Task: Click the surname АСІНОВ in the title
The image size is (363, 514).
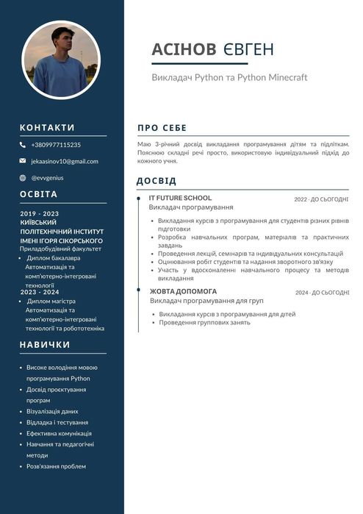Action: point(184,49)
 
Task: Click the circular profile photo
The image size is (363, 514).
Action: point(61,60)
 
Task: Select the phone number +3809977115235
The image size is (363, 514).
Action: point(56,145)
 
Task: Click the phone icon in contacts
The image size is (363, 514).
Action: point(23,145)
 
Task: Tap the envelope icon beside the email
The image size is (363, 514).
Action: point(23,161)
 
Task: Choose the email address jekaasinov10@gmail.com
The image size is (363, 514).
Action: point(64,161)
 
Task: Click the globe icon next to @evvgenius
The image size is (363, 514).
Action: point(23,177)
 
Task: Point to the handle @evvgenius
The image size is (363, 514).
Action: point(48,177)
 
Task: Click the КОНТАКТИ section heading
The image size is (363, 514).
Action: point(47,127)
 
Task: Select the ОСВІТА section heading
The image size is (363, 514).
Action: point(38,194)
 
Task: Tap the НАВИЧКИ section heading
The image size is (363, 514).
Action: point(45,344)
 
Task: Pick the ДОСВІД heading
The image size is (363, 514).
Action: point(157,181)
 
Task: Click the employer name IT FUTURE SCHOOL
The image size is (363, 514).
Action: point(180,198)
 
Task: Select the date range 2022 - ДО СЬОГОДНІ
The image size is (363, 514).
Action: point(321,199)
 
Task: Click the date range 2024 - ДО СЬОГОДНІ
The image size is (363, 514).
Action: point(322,293)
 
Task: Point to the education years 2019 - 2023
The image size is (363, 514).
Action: point(39,213)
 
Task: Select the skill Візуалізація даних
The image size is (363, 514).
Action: point(52,411)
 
